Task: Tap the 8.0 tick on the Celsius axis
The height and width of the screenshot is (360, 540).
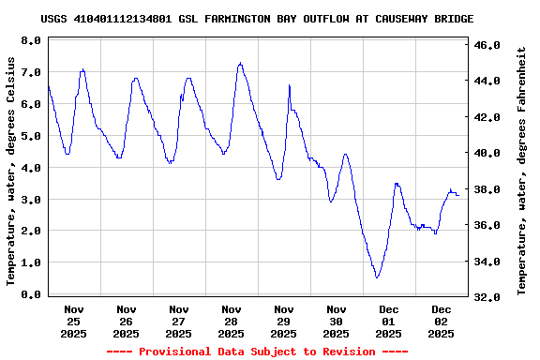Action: coord(30,41)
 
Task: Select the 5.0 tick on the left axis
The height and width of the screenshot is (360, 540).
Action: coord(30,136)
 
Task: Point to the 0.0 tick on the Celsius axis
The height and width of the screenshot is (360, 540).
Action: coord(30,294)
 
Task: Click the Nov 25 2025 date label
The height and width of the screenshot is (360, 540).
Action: coord(74,321)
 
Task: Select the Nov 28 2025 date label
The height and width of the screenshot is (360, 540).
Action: coord(231,321)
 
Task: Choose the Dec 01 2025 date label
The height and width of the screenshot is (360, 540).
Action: coord(388,321)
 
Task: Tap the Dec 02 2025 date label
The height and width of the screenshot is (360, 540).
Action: coord(441,321)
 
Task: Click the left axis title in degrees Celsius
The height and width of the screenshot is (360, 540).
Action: coord(12,171)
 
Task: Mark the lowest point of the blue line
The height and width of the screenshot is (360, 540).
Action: coord(377,277)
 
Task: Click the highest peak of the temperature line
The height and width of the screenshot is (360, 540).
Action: coord(240,63)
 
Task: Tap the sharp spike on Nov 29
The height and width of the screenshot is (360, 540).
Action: coord(290,85)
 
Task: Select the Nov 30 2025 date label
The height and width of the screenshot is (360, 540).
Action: coord(336,321)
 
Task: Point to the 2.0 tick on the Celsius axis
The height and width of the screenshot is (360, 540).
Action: coord(30,231)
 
